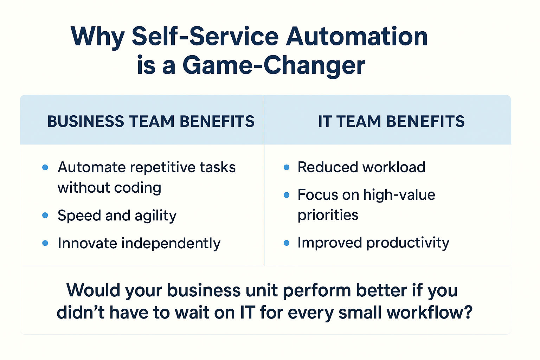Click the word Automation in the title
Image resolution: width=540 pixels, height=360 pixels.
[356, 37]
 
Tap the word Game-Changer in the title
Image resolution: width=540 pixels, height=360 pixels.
[274, 66]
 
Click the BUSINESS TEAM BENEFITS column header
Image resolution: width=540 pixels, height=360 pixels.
[151, 121]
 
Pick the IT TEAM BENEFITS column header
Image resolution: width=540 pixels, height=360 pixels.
[391, 121]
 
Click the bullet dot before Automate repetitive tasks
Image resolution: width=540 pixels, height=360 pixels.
[45, 167]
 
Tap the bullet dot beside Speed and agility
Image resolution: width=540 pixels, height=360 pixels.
[45, 215]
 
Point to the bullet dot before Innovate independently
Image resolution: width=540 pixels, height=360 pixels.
[45, 243]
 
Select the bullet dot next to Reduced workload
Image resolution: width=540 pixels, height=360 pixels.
[287, 167]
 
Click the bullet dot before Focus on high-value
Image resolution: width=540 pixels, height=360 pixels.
[287, 195]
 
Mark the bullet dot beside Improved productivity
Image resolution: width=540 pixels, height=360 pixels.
[287, 243]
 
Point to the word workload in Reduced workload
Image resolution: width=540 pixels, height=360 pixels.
[393, 167]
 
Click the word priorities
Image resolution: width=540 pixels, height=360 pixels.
[328, 215]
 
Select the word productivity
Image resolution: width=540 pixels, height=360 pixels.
[408, 243]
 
